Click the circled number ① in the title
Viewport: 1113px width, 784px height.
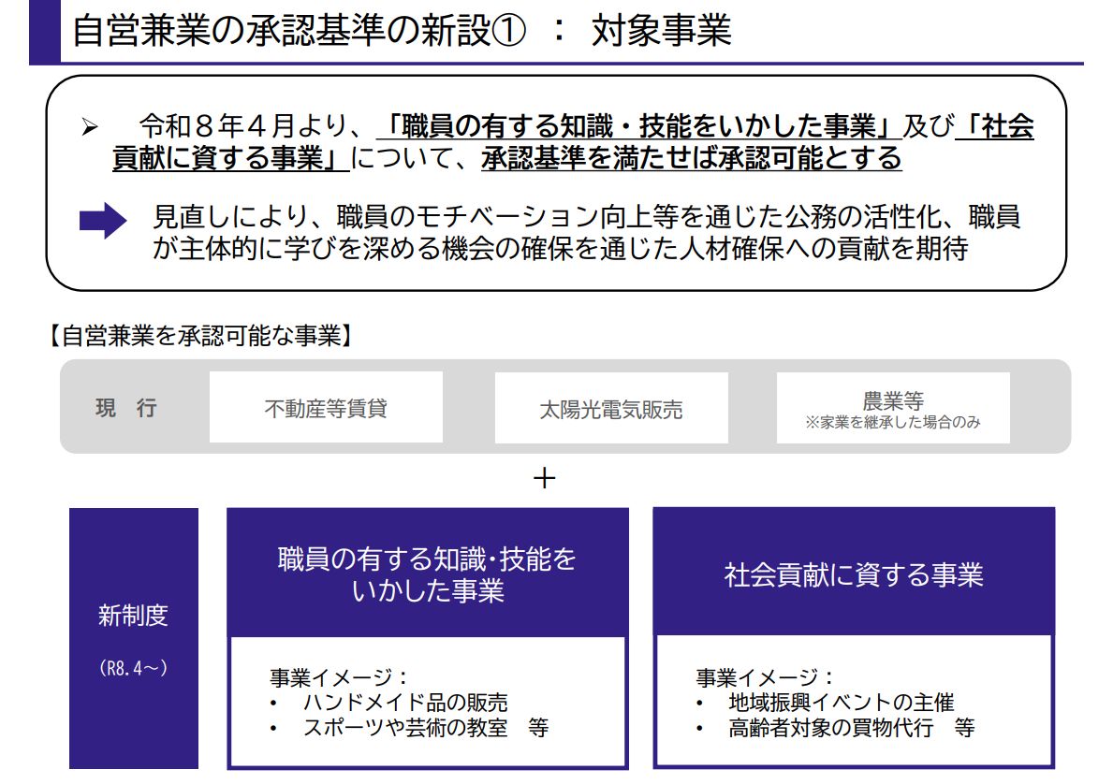[x=508, y=31]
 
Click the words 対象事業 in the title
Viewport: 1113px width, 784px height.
[x=661, y=31]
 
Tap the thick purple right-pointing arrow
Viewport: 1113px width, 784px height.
[x=103, y=220]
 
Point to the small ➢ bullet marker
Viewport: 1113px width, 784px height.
[x=90, y=127]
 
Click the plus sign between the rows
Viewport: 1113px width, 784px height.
[x=545, y=478]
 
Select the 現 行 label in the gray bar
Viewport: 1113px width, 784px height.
[x=126, y=408]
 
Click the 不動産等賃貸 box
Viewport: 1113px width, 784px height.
[x=326, y=407]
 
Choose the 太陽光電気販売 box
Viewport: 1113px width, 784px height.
[x=611, y=408]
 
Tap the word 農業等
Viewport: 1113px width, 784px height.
[x=893, y=400]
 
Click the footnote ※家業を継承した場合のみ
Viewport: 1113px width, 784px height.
[x=893, y=422]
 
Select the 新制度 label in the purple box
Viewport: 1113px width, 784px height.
[x=134, y=615]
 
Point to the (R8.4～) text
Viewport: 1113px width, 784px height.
[x=134, y=668]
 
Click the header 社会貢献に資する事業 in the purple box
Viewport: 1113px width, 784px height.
[x=854, y=574]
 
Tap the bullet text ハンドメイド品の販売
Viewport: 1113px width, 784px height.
[x=405, y=703]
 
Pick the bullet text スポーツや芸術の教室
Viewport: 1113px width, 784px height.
[x=405, y=727]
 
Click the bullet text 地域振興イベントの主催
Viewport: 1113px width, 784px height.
[x=842, y=703]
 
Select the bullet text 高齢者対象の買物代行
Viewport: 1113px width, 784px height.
[x=830, y=727]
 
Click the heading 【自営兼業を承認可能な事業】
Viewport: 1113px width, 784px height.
[x=200, y=336]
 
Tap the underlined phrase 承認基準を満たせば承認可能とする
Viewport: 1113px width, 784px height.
[x=692, y=157]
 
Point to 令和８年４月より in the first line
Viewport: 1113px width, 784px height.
[x=245, y=126]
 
